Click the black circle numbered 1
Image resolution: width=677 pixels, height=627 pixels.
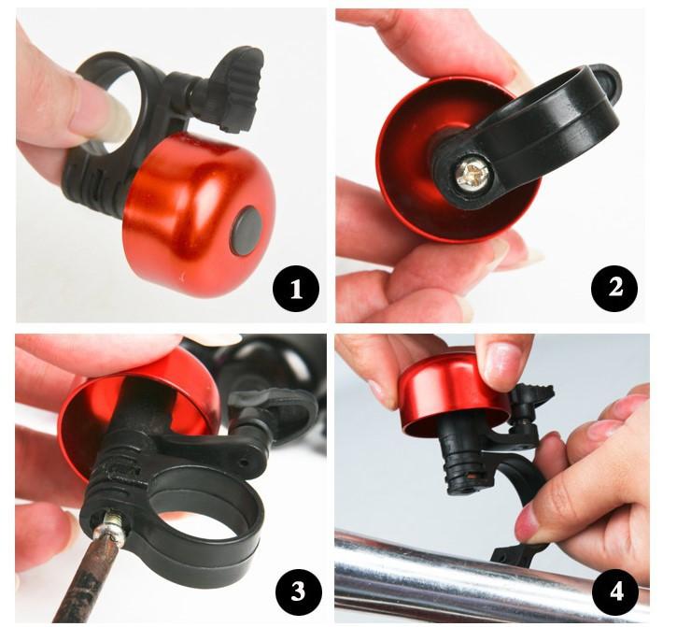coord(296,288)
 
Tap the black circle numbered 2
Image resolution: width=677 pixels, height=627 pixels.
coord(614,288)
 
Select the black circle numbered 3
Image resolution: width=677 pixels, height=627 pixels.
coord(298,591)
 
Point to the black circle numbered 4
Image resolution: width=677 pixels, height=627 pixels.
coord(615,591)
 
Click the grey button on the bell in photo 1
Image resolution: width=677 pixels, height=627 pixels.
coord(247,230)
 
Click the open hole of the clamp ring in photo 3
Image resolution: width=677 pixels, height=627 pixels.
coord(203,515)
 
